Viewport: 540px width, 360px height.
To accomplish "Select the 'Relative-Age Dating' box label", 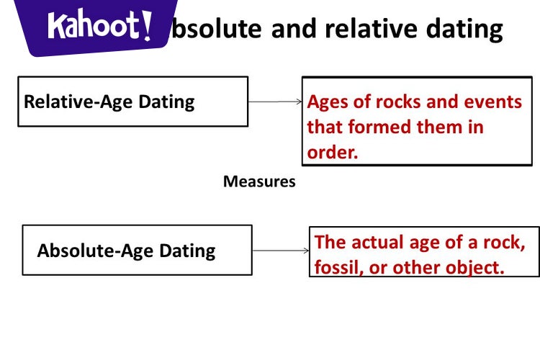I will pos(109,102).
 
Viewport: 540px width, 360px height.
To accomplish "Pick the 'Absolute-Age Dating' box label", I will pos(126,251).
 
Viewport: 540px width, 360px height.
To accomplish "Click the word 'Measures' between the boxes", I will pos(259,181).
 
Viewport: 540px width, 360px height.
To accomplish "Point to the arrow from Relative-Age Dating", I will pos(275,102).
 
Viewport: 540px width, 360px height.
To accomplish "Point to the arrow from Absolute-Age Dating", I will pos(281,251).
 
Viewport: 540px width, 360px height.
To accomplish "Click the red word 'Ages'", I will pos(328,102).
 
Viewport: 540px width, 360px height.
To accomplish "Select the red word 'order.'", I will pos(333,152).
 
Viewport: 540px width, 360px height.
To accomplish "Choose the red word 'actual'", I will pos(379,242).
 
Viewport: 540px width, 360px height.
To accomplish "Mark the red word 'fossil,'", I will pos(339,266).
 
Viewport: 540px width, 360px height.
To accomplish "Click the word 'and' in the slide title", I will pos(295,29).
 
